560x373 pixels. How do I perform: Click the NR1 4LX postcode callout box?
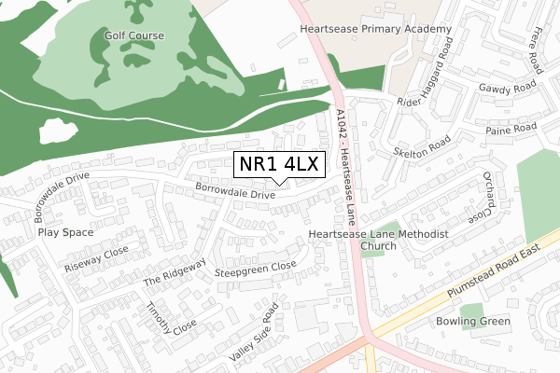(x=279, y=164)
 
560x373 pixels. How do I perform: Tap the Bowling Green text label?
(x=473, y=323)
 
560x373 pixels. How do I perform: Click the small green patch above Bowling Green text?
(x=472, y=310)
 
